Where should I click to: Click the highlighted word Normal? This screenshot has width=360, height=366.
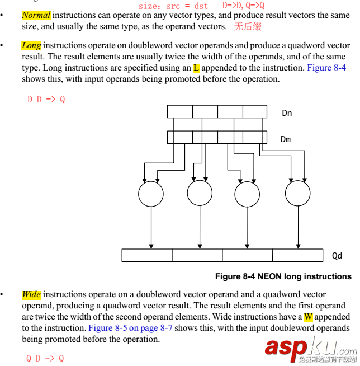36,15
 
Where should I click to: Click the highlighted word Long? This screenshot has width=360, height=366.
31,45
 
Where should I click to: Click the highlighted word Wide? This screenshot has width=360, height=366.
31,294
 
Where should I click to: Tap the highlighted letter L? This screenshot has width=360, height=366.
196,68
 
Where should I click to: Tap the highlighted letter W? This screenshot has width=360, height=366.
308,317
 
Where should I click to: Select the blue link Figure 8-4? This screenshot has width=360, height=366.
326,68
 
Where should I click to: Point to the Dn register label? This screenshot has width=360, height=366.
287,113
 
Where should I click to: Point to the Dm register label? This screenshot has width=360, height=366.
286,139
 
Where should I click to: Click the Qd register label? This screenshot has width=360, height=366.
337,256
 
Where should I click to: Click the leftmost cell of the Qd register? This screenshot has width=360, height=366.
147,255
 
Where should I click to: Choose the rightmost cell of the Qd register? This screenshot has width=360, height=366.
298,255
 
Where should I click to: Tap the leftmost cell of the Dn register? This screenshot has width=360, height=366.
180,112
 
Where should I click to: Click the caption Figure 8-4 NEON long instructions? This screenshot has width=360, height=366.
283,276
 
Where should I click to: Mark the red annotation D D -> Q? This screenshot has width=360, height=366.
46,100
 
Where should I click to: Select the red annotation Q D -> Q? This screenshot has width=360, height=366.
45,358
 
